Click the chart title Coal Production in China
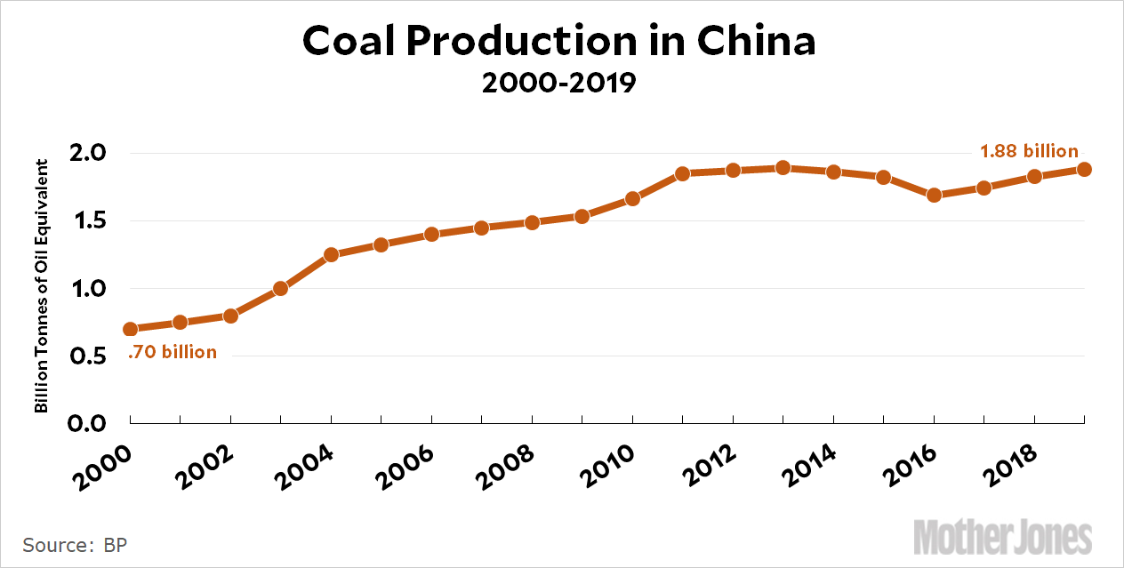click(x=558, y=41)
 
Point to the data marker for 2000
click(x=131, y=329)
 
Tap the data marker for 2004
click(x=331, y=254)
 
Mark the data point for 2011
click(x=682, y=173)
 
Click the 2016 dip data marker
click(x=934, y=195)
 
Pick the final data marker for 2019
click(x=1084, y=169)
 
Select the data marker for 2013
click(x=783, y=167)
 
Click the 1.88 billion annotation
click(x=1029, y=151)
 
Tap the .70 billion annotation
click(x=173, y=352)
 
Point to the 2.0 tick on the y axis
click(x=87, y=153)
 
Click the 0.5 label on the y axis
click(x=87, y=356)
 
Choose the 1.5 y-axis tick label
click(x=87, y=221)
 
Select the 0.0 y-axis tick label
click(x=87, y=423)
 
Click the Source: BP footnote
click(x=75, y=544)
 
